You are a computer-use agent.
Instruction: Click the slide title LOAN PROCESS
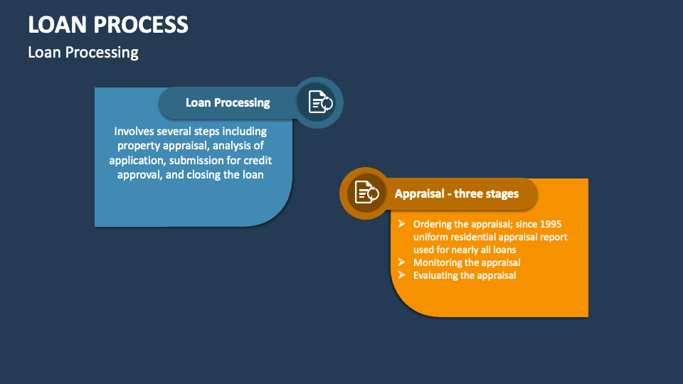[108, 25]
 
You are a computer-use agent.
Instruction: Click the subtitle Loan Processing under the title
[83, 52]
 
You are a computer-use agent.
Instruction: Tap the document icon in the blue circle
[319, 102]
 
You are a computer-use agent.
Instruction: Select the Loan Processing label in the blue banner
[228, 102]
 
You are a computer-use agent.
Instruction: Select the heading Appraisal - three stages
[457, 193]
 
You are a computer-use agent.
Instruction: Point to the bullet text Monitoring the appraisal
[467, 262]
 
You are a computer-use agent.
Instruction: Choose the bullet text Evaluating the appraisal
[465, 275]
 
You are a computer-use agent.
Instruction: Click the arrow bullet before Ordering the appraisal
[402, 224]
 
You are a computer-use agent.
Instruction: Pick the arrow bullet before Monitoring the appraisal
[402, 262]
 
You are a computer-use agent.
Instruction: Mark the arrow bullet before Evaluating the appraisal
[402, 275]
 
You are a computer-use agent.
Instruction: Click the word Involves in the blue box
[134, 132]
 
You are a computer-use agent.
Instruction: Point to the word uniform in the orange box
[431, 237]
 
